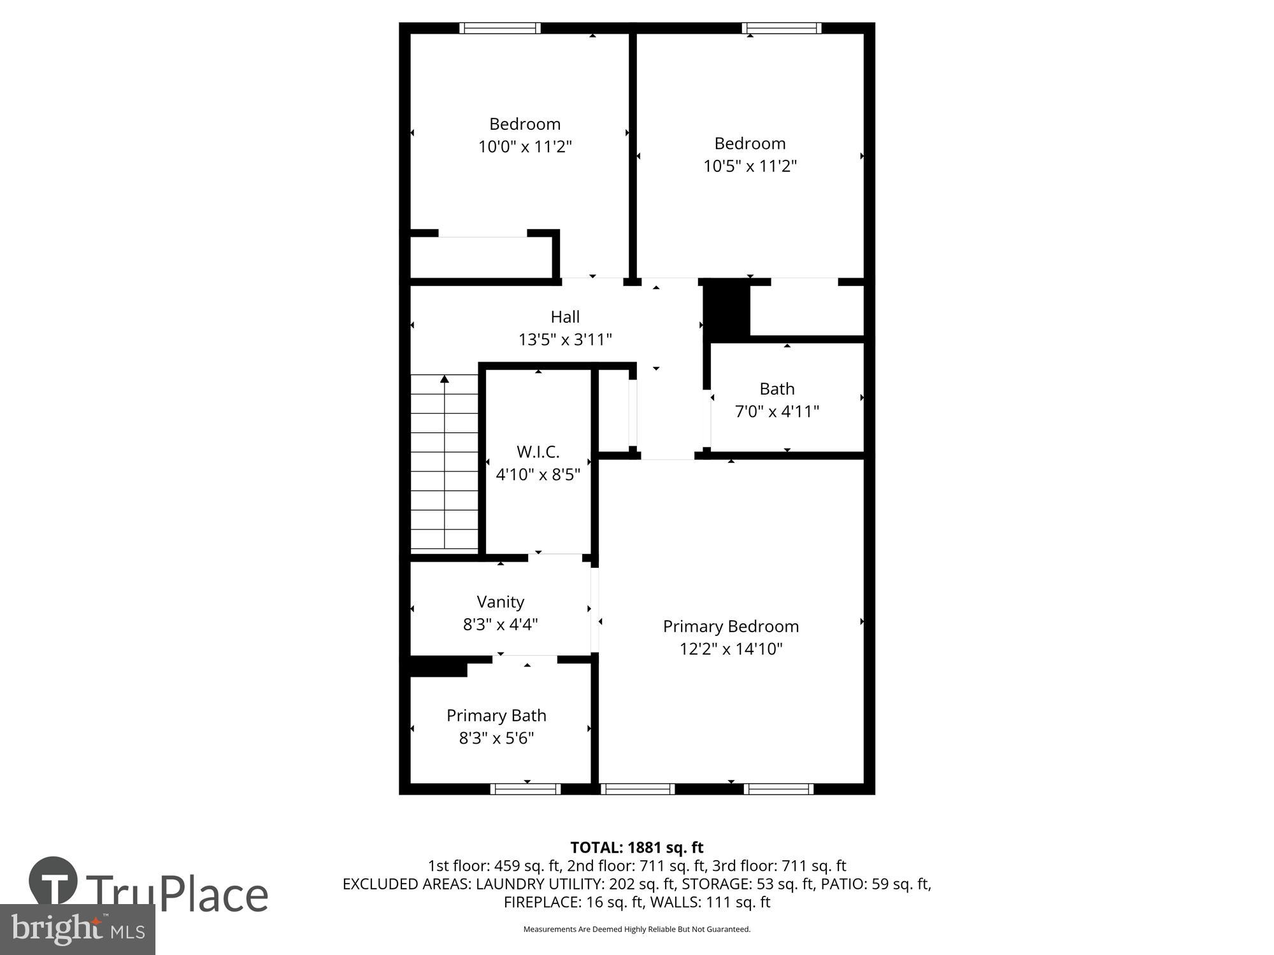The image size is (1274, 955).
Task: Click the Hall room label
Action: pos(565,316)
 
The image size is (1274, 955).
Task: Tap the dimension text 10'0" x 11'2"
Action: pos(525,147)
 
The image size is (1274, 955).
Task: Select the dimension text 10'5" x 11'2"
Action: pos(750,166)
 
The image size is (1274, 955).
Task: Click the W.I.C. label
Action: pos(538,452)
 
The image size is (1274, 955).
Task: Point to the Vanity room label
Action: pos(500,602)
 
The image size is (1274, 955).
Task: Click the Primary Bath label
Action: pos(496,716)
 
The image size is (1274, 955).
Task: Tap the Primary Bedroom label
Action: pos(731,626)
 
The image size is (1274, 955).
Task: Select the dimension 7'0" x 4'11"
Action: pos(777,411)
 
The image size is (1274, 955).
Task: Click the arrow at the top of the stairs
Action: pos(445,379)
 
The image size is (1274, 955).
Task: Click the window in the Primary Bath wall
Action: pos(526,789)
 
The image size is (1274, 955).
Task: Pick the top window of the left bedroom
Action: pos(499,28)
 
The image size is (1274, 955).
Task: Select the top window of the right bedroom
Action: pos(781,28)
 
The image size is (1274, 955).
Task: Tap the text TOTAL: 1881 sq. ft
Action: pos(636,847)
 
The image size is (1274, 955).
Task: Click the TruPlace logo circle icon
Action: pos(54,881)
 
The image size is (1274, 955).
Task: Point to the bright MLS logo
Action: pos(77,930)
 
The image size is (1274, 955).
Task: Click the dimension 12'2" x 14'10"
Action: pos(731,649)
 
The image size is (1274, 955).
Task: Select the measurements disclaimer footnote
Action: pos(636,930)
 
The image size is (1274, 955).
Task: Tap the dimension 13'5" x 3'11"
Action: pos(565,339)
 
